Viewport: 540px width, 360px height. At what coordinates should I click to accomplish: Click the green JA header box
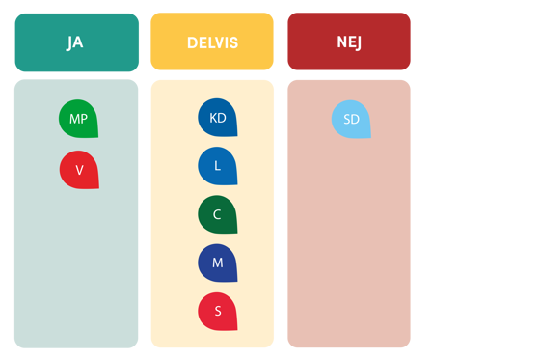click(x=76, y=42)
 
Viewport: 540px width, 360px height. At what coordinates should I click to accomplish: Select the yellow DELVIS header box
click(x=212, y=42)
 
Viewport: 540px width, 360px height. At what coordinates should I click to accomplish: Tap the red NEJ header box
click(x=348, y=42)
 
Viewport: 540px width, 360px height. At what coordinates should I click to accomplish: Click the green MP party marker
click(x=78, y=119)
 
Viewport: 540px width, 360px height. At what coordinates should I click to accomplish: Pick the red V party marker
click(x=79, y=170)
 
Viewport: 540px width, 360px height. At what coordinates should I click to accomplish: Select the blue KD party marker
click(x=217, y=118)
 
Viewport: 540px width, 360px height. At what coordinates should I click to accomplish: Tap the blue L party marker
click(x=217, y=166)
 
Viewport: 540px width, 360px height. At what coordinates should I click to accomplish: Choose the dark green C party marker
click(x=217, y=214)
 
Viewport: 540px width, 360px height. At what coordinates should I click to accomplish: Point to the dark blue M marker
click(x=217, y=263)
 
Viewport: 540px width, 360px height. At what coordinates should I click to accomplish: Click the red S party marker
click(x=217, y=311)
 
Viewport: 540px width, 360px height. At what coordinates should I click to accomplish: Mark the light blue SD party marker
click(x=351, y=119)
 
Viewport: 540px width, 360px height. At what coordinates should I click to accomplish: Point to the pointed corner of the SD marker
click(x=369, y=137)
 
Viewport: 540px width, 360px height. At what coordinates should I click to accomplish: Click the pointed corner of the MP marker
click(x=96, y=136)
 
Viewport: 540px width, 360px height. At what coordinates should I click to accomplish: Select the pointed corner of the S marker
click(x=235, y=328)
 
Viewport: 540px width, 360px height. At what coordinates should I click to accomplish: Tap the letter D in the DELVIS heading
click(x=191, y=42)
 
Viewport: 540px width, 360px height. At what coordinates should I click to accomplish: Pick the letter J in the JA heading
click(x=70, y=42)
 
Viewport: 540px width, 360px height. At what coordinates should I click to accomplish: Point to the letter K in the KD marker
click(x=213, y=118)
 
